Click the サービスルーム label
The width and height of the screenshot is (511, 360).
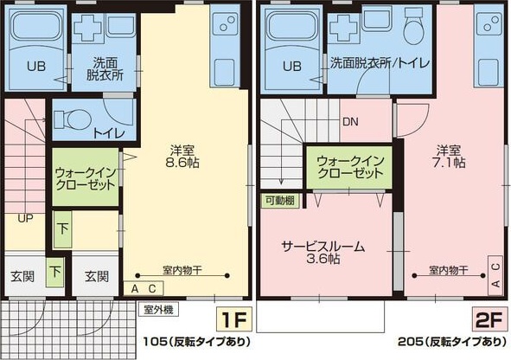pos(323,246)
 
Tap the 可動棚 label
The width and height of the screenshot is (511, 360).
pos(278,200)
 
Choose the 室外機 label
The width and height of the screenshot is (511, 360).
pos(159,307)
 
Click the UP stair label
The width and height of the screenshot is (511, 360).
pos(24,217)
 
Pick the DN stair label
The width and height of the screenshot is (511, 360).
pos(350,122)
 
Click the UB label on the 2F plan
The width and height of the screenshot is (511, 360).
pos(291,66)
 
